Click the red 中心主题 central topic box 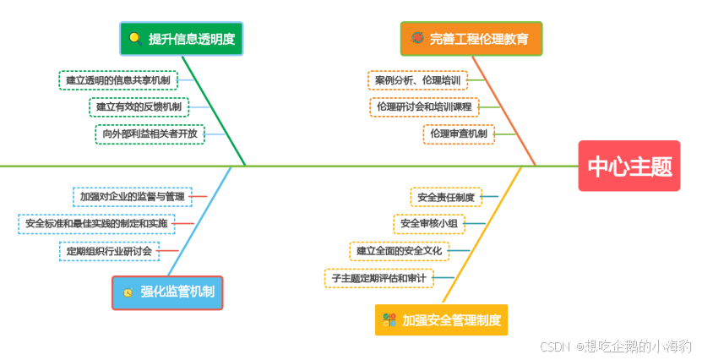click(x=629, y=166)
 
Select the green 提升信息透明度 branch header click(x=181, y=39)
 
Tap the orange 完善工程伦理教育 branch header click(x=471, y=39)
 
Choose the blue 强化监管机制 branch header click(x=167, y=292)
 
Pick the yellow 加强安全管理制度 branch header click(x=442, y=320)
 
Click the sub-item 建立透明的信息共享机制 click(x=118, y=80)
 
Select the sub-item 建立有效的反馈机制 click(x=139, y=107)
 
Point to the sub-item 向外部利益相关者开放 click(x=150, y=134)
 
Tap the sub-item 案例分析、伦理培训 click(x=417, y=80)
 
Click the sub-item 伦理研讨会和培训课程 click(x=424, y=107)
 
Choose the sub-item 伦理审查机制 click(x=458, y=134)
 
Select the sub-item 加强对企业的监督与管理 click(x=132, y=197)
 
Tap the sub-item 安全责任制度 click(x=445, y=197)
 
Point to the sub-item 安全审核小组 click(x=428, y=224)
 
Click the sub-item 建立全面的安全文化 click(x=399, y=251)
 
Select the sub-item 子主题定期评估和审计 click(x=378, y=277)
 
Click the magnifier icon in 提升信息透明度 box click(x=134, y=38)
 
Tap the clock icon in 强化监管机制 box click(x=128, y=292)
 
